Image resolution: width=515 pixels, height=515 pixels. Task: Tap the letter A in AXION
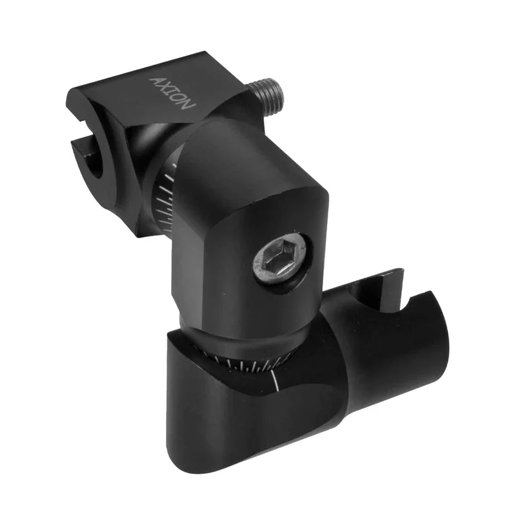156,81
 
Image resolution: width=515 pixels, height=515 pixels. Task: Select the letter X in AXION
165,87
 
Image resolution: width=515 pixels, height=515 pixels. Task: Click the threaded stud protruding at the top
267,95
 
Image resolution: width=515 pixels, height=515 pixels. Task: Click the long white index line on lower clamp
276,381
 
